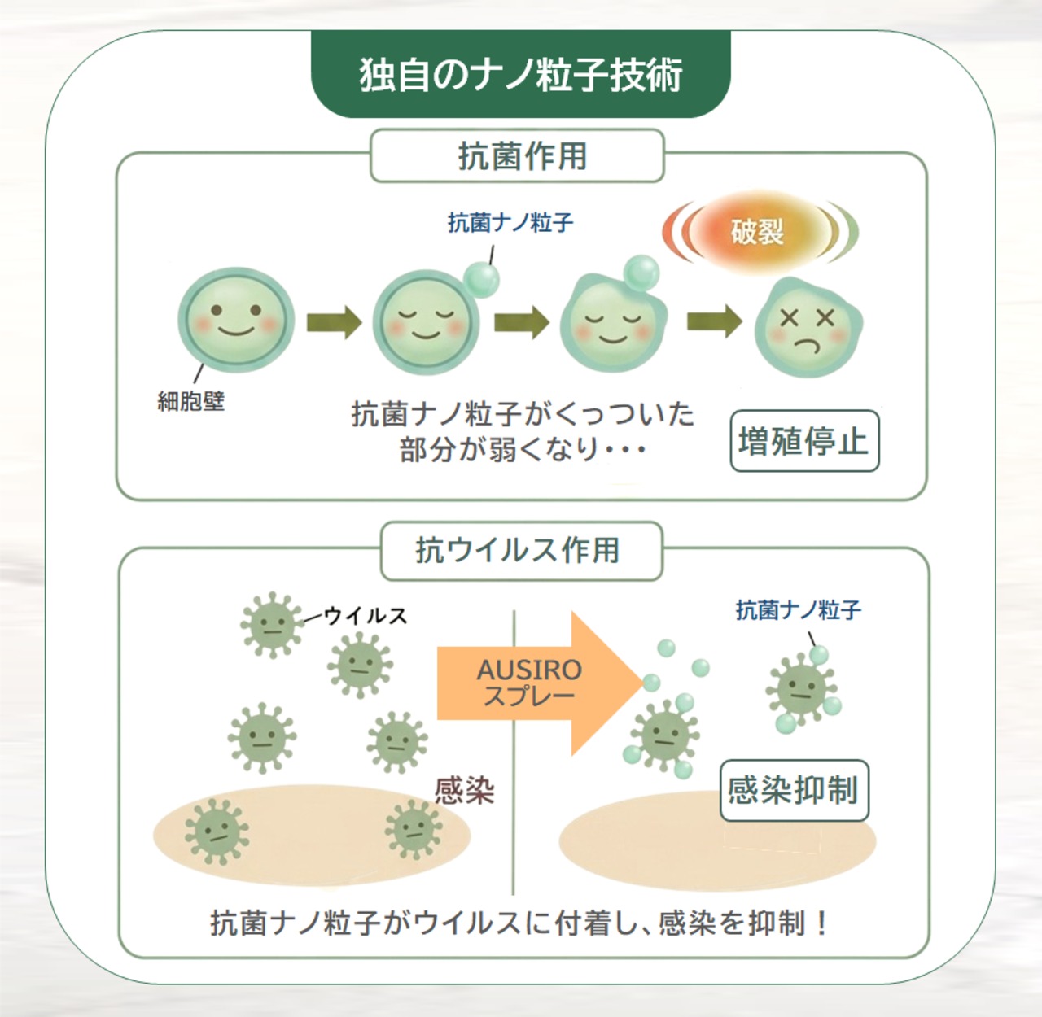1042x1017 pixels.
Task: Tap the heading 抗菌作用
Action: [x=522, y=156]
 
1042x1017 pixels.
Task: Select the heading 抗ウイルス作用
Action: [x=517, y=550]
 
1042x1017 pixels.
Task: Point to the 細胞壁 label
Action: [x=191, y=400]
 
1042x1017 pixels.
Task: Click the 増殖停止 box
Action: [x=804, y=441]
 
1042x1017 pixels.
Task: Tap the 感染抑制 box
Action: [x=794, y=791]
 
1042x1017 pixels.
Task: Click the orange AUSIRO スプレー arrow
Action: [x=540, y=683]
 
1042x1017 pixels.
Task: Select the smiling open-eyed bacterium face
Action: [x=236, y=320]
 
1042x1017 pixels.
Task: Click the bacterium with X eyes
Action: [x=808, y=328]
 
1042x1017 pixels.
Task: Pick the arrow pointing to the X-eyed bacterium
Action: [x=714, y=321]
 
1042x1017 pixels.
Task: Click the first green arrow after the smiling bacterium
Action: [x=334, y=322]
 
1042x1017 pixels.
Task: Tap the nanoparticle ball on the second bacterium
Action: [x=481, y=279]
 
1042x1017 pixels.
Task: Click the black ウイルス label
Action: [x=366, y=616]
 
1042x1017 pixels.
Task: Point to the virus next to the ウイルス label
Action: [x=272, y=625]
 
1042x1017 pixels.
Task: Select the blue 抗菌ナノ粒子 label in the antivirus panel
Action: [x=798, y=610]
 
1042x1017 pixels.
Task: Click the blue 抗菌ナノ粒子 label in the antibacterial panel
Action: [x=510, y=223]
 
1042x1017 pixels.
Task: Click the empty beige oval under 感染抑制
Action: [x=717, y=840]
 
